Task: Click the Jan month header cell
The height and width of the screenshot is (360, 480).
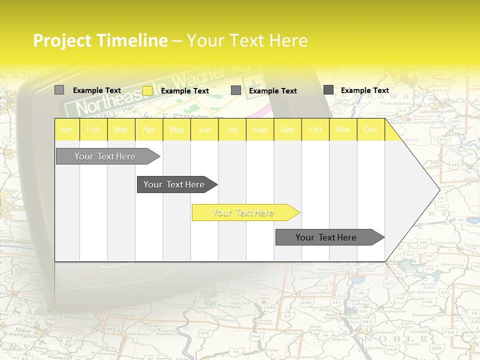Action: tap(66, 130)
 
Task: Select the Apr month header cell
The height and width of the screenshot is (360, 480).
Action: tap(149, 130)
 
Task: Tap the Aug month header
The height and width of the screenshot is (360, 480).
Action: tap(259, 130)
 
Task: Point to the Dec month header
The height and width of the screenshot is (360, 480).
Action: tap(370, 130)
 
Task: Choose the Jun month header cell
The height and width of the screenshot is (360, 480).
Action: tap(204, 130)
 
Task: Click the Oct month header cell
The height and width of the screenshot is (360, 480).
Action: tap(315, 130)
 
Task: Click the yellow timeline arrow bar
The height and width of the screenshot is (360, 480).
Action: tap(245, 212)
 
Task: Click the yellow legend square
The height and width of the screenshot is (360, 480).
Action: tap(147, 90)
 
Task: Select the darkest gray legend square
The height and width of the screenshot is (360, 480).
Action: tap(328, 90)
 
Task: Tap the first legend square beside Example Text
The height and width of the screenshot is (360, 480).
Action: tap(59, 90)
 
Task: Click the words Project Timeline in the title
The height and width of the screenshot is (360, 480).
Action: tap(100, 40)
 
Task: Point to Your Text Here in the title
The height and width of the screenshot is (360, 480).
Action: tap(247, 40)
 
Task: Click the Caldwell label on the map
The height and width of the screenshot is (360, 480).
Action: tap(383, 332)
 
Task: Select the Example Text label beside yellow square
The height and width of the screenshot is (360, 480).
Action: tap(184, 91)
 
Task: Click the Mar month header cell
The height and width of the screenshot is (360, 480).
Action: tap(121, 130)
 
